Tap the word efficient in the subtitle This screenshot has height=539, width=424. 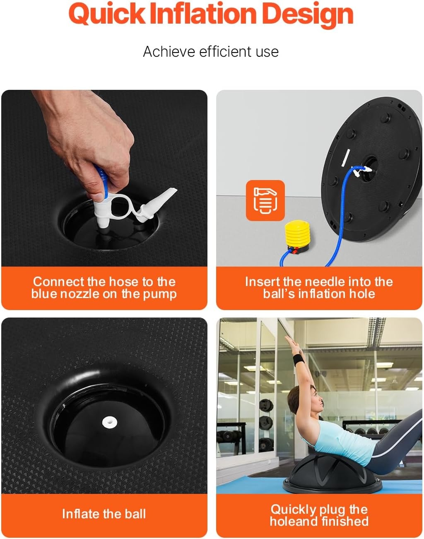(225, 52)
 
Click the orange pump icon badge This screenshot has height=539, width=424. (265, 201)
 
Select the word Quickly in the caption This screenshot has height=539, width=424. (293, 510)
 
